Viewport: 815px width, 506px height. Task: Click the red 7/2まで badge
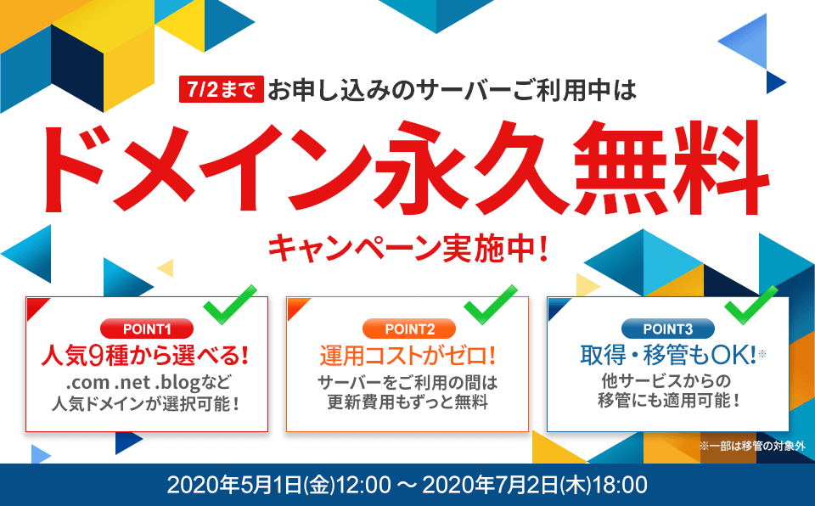[222, 89]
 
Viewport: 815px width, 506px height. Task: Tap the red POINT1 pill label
[147, 329]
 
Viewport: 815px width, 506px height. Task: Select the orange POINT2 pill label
[409, 329]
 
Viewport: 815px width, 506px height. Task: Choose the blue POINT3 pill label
[668, 329]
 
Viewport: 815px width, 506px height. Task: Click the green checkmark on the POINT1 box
[230, 305]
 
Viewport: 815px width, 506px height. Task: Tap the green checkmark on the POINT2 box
[491, 305]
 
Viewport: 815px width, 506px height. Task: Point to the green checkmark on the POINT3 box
[751, 305]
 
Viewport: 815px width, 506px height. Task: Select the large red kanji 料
[720, 167]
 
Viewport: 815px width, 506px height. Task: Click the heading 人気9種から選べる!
[144, 356]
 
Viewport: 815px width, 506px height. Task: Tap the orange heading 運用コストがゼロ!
[407, 356]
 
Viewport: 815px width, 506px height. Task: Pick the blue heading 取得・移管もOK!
[668, 355]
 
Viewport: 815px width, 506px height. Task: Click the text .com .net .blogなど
[148, 383]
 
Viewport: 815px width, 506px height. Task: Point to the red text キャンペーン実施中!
[408, 248]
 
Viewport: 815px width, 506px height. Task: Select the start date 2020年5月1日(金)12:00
[278, 485]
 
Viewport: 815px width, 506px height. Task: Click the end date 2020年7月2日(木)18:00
[535, 485]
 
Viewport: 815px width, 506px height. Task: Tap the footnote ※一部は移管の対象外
[752, 446]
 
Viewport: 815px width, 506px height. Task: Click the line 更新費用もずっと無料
[407, 402]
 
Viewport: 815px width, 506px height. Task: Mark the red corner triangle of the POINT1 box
[36, 306]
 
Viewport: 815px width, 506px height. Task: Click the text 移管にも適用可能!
[668, 401]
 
